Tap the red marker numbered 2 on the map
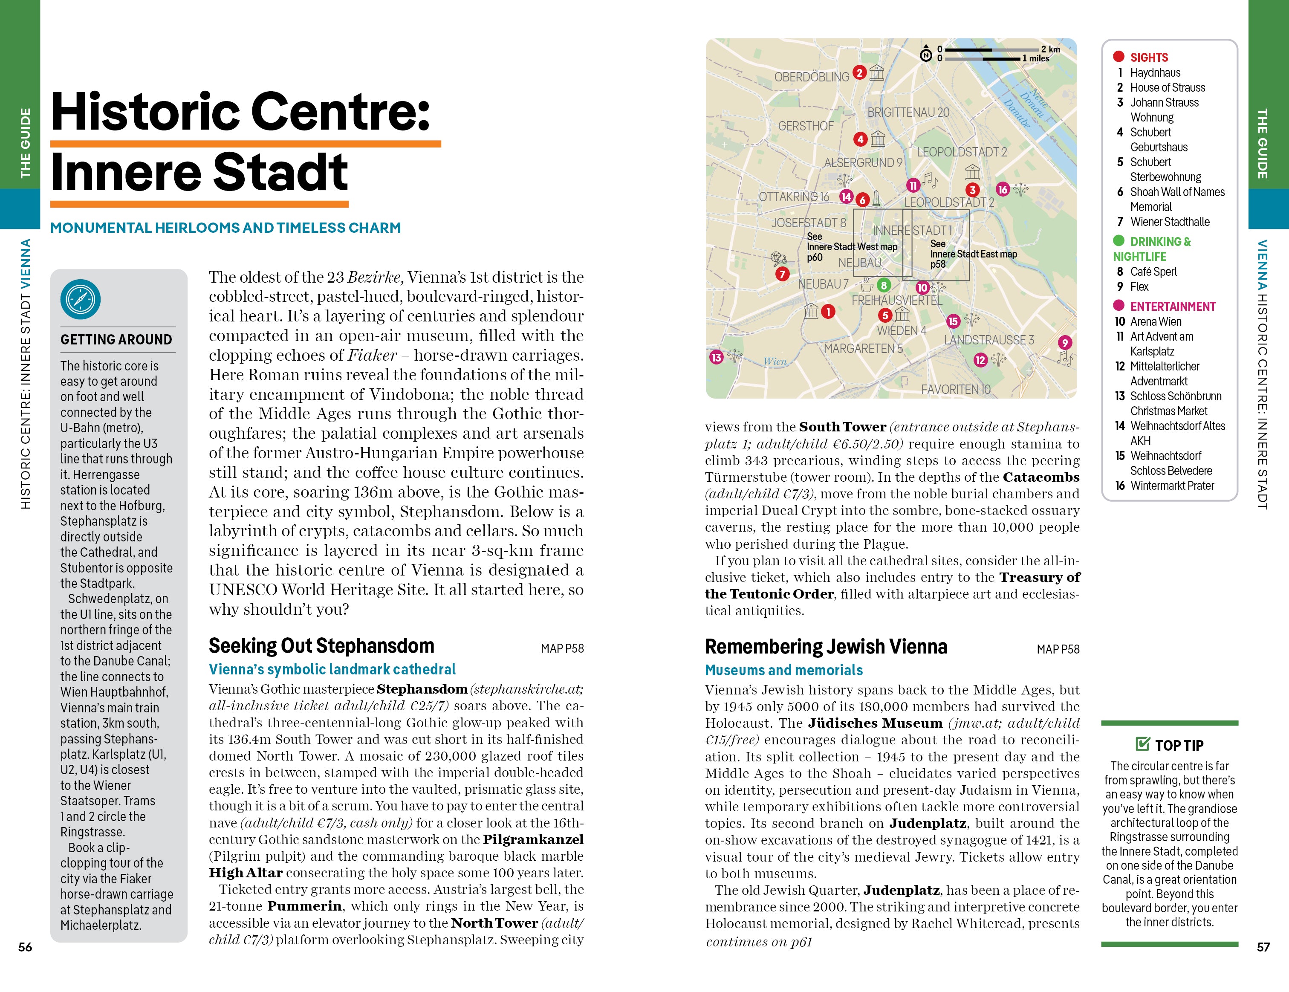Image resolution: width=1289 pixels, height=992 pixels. [x=860, y=72]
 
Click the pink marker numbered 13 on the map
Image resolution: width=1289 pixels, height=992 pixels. [x=716, y=357]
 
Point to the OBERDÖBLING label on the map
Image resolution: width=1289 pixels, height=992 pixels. [x=812, y=77]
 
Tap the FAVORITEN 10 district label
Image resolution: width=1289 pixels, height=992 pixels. [x=956, y=390]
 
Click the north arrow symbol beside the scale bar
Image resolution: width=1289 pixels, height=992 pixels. [x=926, y=54]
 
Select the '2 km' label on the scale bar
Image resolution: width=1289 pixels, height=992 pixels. [x=1051, y=49]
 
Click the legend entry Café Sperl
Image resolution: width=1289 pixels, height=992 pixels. [x=1153, y=272]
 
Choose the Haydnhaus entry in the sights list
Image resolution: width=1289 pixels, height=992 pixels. [x=1155, y=72]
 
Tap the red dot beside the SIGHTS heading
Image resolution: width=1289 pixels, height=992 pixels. [x=1118, y=57]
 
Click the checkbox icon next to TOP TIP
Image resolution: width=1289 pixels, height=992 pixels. [x=1143, y=744]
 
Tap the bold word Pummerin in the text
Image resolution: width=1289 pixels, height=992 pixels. [x=304, y=906]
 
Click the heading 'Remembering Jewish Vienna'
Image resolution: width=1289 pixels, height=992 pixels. [x=826, y=647]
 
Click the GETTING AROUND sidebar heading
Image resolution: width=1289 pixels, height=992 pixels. [x=116, y=339]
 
